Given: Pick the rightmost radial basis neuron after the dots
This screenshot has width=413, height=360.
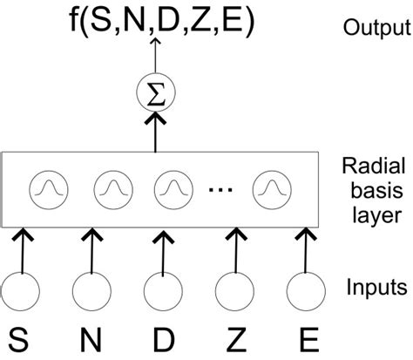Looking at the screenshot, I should click(x=293, y=187).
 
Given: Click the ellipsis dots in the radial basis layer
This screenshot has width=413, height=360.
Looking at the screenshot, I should click(x=241, y=187).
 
